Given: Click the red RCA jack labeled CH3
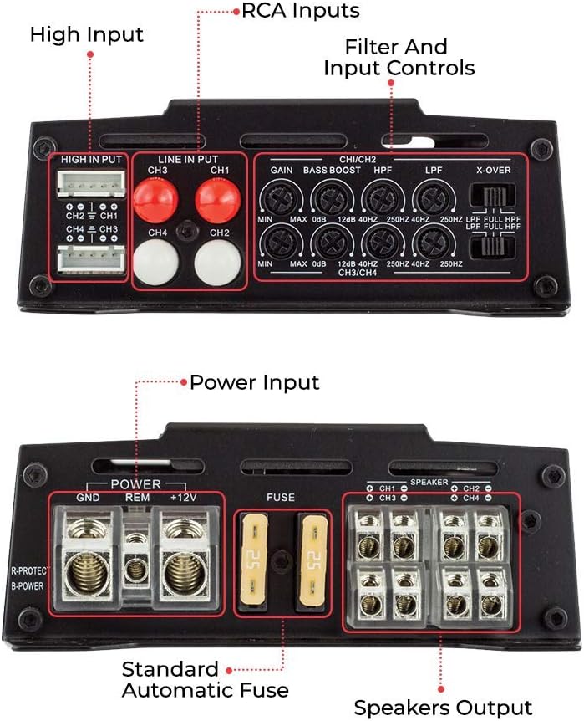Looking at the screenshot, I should (x=156, y=202).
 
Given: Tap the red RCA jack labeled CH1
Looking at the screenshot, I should (x=217, y=202).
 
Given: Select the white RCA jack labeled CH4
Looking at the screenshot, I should (x=156, y=263).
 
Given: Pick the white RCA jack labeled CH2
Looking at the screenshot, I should (x=217, y=263).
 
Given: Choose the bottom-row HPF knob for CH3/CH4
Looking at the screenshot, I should (x=383, y=243).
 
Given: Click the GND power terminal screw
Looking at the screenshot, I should (x=87, y=575).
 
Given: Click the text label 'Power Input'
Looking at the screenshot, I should (x=254, y=383).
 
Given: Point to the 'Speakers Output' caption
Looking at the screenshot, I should (x=443, y=708).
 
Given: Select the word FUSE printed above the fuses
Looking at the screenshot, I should (x=280, y=498).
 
